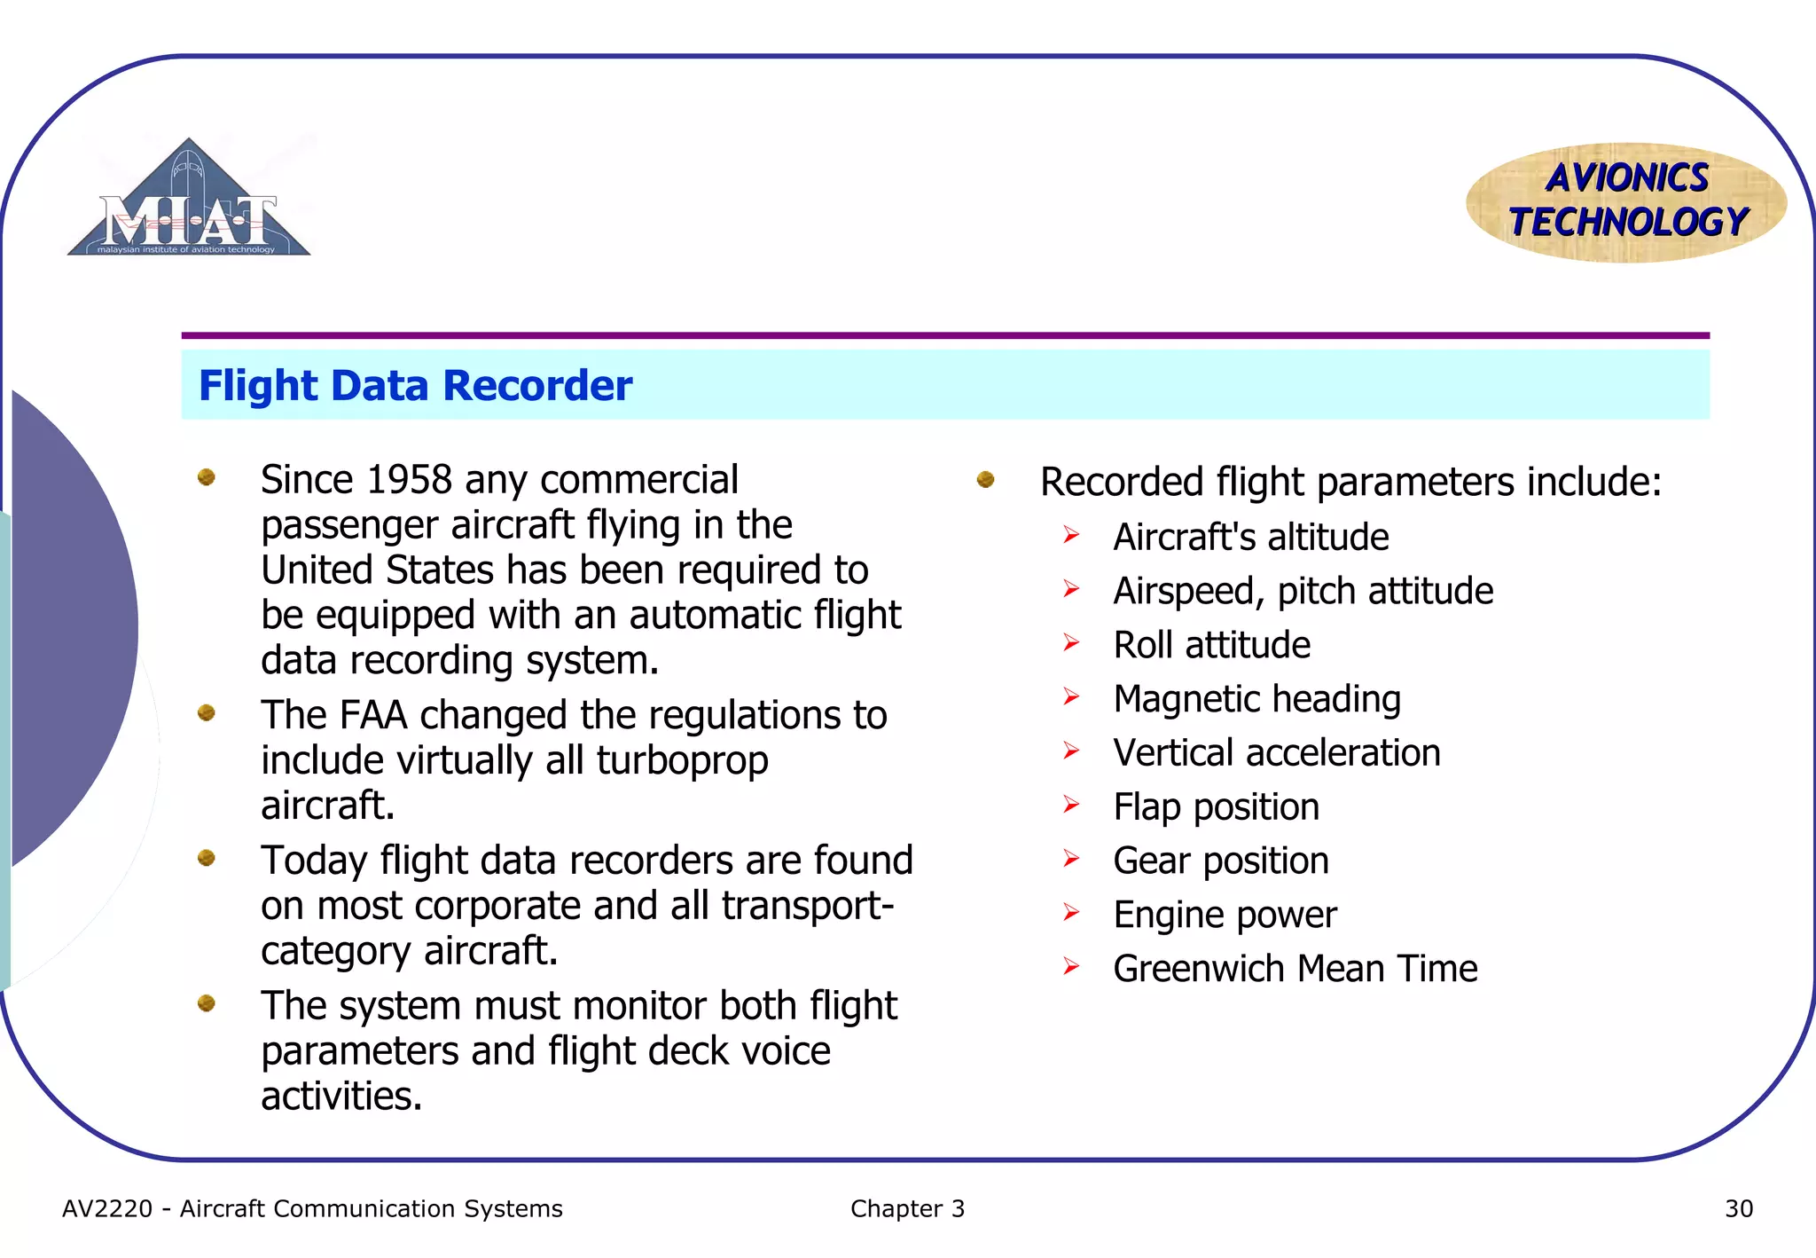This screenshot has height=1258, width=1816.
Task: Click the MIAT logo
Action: [x=189, y=202]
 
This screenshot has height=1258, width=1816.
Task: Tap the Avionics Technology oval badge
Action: [x=1626, y=202]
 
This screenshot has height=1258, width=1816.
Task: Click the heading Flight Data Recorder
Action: [x=415, y=386]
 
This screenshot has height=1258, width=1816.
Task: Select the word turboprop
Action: [x=682, y=760]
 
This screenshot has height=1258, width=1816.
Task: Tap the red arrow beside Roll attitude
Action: [x=1071, y=643]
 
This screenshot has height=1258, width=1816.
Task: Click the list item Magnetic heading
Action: [x=1256, y=699]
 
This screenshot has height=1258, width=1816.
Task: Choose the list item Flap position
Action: [x=1216, y=807]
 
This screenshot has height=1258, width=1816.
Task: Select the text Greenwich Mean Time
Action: [x=1295, y=969]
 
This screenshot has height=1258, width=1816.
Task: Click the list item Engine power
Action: [x=1224, y=915]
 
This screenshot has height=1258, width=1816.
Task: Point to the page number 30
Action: [x=1738, y=1208]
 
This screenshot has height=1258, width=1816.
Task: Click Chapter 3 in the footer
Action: [x=906, y=1208]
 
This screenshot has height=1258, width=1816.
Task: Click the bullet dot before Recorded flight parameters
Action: [x=985, y=480]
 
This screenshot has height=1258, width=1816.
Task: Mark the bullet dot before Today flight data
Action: [x=207, y=858]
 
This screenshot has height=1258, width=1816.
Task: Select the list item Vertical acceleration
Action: [x=1276, y=753]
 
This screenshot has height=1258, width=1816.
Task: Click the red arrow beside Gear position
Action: [x=1071, y=859]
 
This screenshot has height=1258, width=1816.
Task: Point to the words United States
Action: [x=377, y=570]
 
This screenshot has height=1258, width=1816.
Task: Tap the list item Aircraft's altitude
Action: [x=1250, y=538]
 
